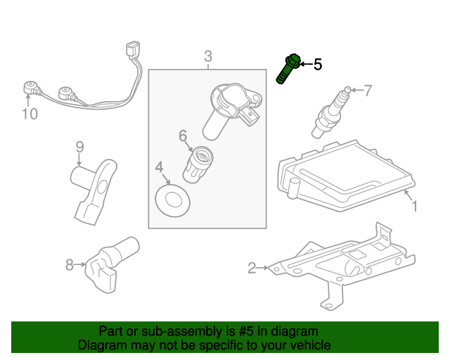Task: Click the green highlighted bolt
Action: tap(290, 69)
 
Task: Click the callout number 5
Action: tap(318, 65)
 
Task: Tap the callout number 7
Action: tap(367, 90)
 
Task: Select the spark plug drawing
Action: tap(330, 112)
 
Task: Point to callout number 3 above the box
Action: tap(208, 56)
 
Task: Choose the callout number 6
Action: tap(183, 135)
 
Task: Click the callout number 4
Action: tap(160, 167)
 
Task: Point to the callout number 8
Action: tap(69, 265)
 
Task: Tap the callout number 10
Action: tap(30, 114)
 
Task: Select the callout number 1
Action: tap(415, 207)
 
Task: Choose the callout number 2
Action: tap(252, 267)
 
